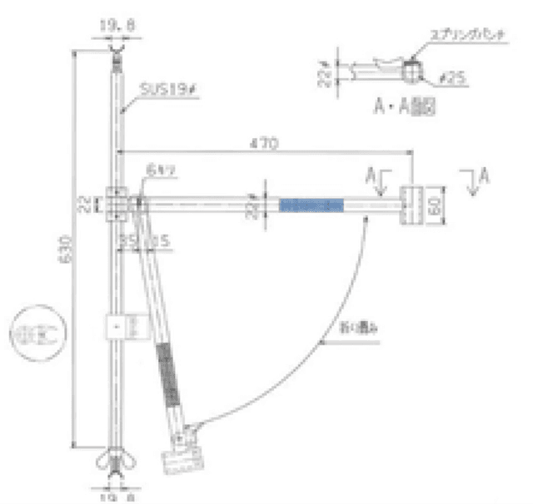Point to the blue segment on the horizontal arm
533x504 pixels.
tap(311, 204)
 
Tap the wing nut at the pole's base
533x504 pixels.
tap(115, 461)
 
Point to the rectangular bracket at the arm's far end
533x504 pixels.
tap(413, 204)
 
